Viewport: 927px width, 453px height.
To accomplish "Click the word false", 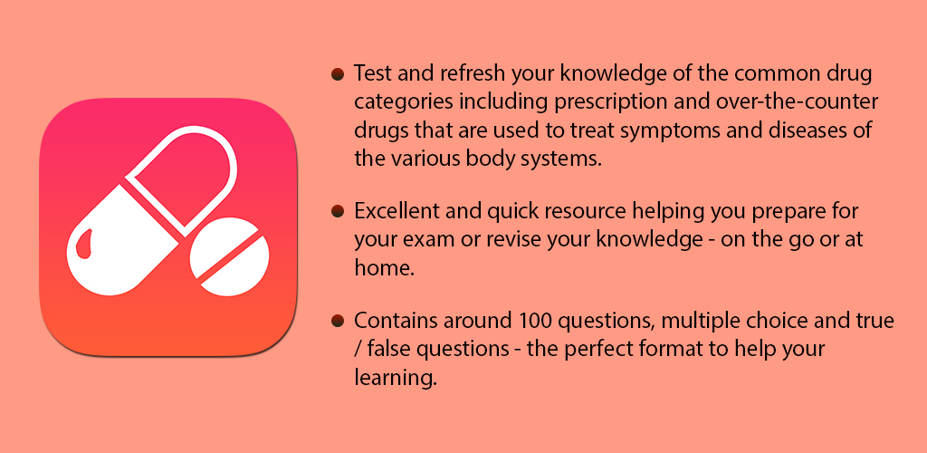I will point(394,350).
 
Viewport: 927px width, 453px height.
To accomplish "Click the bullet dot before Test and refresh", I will point(338,73).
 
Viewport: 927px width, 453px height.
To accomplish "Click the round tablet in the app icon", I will point(231,256).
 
